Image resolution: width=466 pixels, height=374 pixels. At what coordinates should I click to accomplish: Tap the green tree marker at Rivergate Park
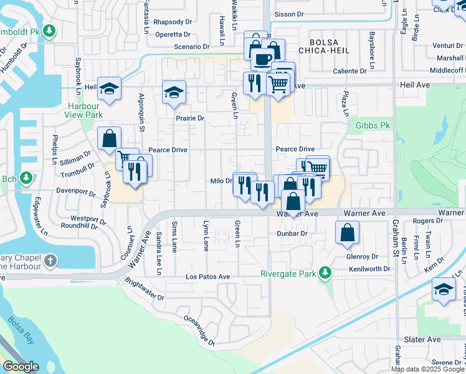point(324,272)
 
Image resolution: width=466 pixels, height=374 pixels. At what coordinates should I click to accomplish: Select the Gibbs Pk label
point(373,126)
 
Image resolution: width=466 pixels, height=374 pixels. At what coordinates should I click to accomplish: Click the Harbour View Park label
point(85,110)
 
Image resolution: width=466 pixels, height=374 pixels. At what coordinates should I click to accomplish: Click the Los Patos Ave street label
point(208,276)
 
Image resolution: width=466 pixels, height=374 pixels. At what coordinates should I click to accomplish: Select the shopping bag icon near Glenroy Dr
point(348,232)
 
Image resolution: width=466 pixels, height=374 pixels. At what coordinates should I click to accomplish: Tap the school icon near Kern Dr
point(444,289)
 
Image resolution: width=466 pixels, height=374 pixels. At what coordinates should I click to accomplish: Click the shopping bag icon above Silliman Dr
point(109,138)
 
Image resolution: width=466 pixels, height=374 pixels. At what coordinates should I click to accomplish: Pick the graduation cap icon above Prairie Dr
point(174,92)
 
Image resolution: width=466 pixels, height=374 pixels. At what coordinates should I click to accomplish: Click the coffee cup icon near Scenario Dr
point(262,59)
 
